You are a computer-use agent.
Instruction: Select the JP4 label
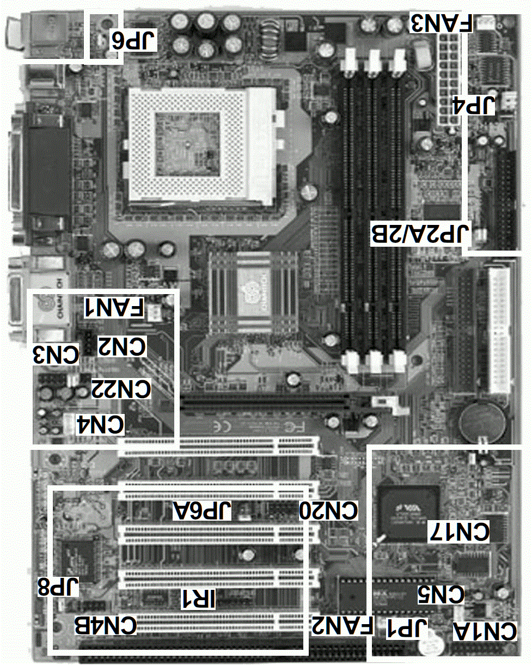[x=474, y=105]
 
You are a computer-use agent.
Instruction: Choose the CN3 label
[x=57, y=355]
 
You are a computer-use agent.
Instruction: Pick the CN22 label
[x=120, y=389]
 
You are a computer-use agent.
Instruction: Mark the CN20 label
[x=329, y=511]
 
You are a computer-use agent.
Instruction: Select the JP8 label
[x=58, y=588]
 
